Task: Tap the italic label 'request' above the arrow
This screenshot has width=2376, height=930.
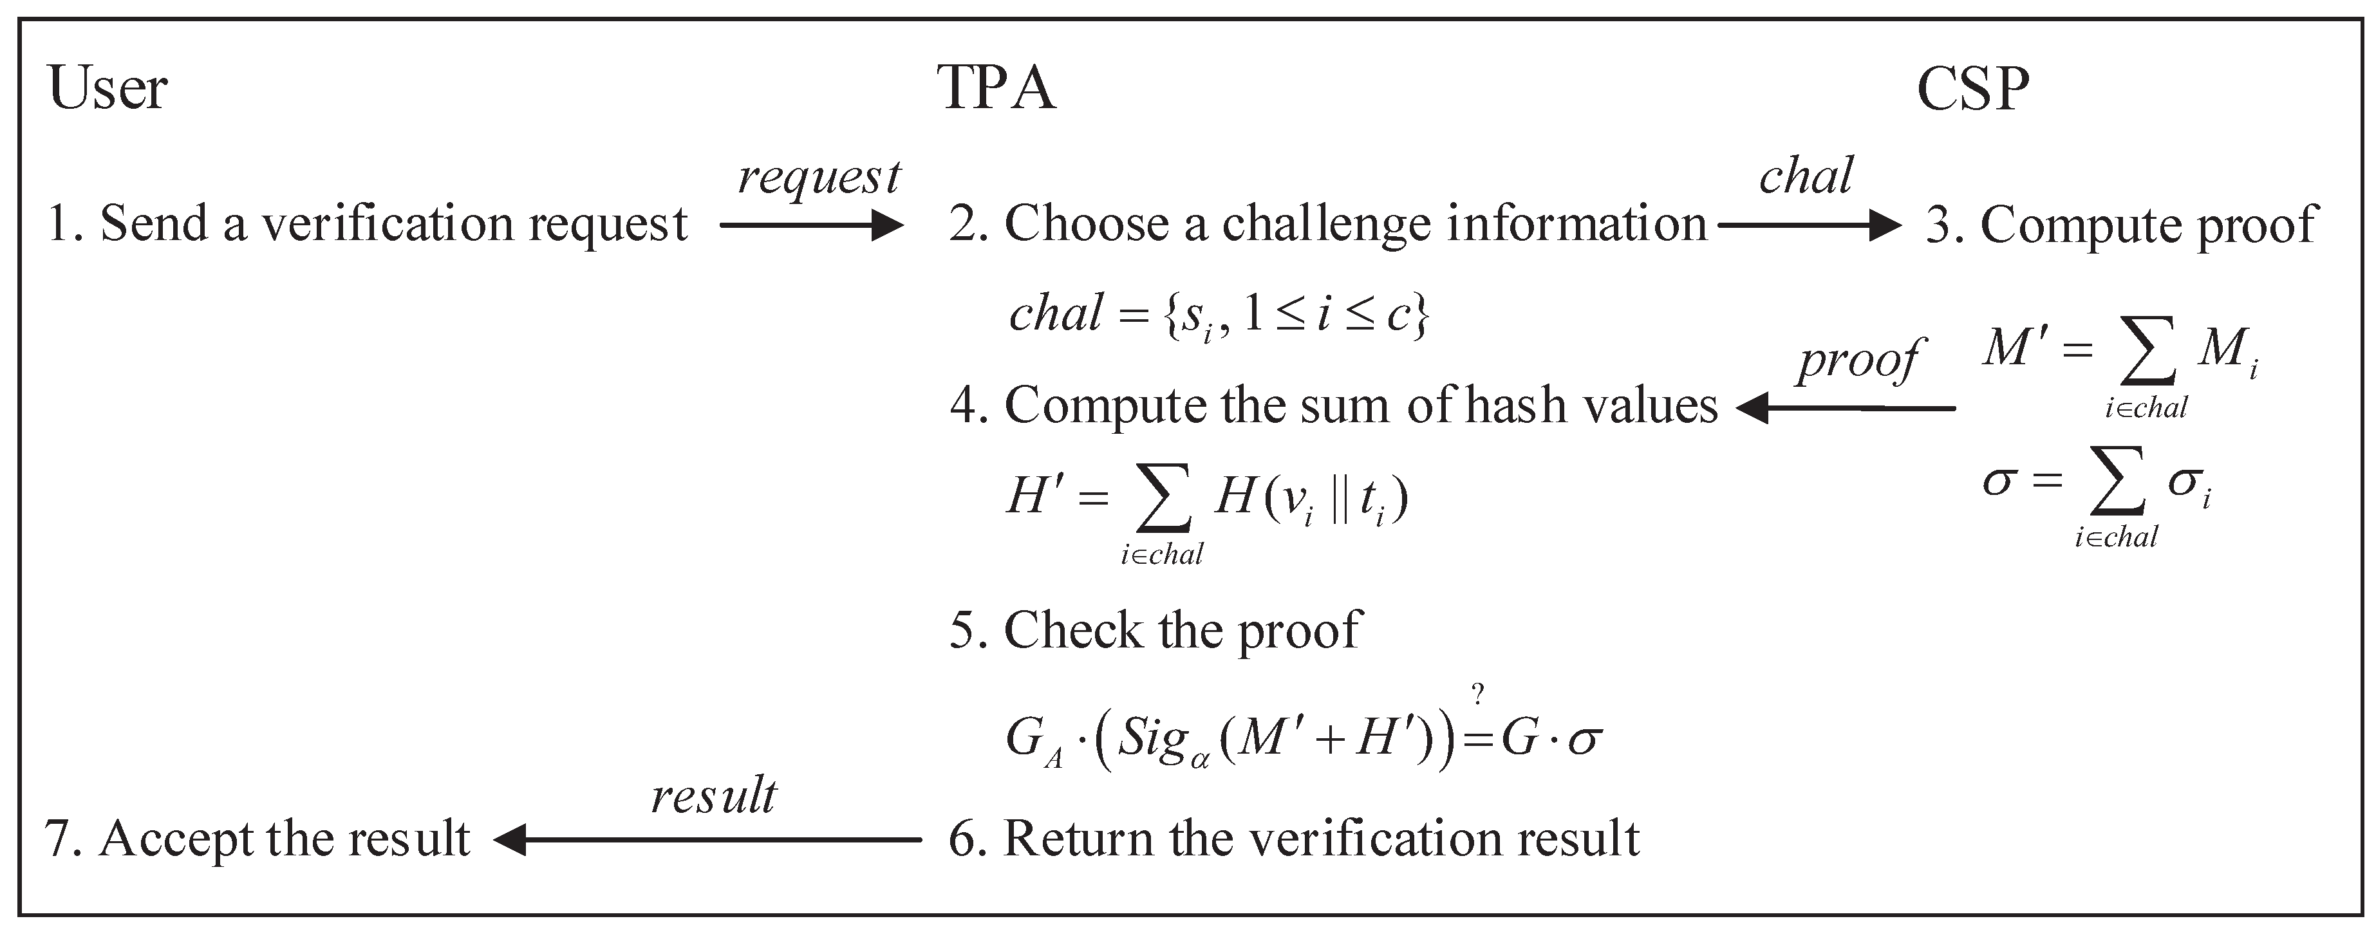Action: [818, 176]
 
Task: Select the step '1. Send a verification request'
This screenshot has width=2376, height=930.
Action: [367, 224]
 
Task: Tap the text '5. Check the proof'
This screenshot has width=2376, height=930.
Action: [1155, 631]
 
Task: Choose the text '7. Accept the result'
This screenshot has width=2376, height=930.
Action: [257, 840]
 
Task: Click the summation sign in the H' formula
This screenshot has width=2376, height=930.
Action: [1161, 499]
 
